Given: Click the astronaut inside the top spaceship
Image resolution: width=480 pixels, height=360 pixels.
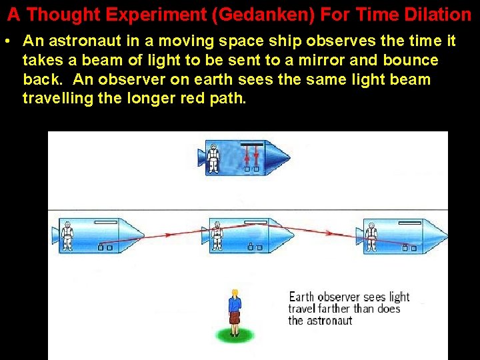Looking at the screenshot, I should pos(213,157).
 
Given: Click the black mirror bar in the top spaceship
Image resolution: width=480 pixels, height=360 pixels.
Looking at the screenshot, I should pos(251,144).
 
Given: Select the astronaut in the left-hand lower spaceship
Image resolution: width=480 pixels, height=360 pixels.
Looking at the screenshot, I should pos(67,235).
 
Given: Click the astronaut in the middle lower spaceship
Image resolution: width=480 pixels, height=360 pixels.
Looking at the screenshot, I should pos(216,235).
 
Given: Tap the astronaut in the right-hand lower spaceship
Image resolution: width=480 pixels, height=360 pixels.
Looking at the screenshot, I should pos(371,235).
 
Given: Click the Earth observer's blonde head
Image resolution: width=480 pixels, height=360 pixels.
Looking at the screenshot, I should pos(234,293).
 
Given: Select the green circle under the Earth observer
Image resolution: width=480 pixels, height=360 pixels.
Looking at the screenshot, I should pos(234,333).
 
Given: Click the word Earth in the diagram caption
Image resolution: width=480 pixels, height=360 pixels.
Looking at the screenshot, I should pos(301,297).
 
